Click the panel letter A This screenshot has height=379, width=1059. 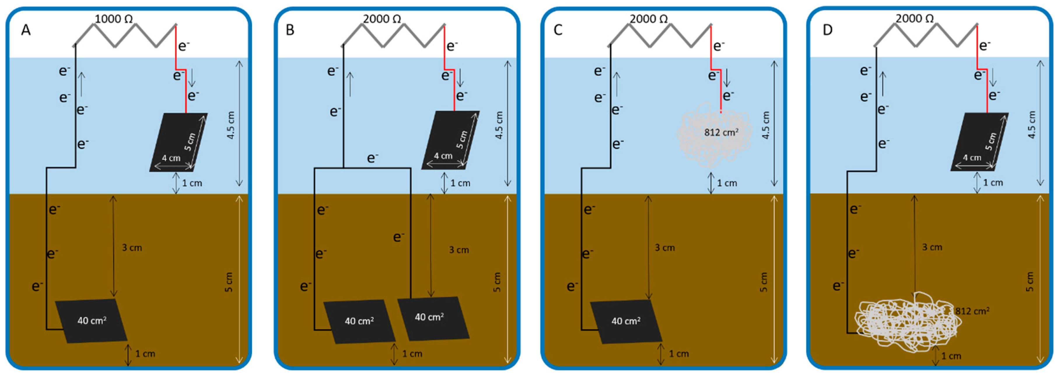26,30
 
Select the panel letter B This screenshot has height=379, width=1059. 290,30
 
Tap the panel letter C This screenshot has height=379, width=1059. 558,30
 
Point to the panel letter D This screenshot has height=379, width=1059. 827,30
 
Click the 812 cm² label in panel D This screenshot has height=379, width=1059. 972,311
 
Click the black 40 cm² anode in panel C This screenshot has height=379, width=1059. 626,321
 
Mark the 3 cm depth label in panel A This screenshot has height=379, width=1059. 132,248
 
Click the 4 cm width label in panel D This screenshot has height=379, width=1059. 972,158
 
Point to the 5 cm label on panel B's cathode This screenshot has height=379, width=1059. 462,140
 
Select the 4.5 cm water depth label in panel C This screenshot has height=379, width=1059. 766,125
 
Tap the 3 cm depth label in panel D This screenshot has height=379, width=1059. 932,247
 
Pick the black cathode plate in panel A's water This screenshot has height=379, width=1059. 178,142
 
